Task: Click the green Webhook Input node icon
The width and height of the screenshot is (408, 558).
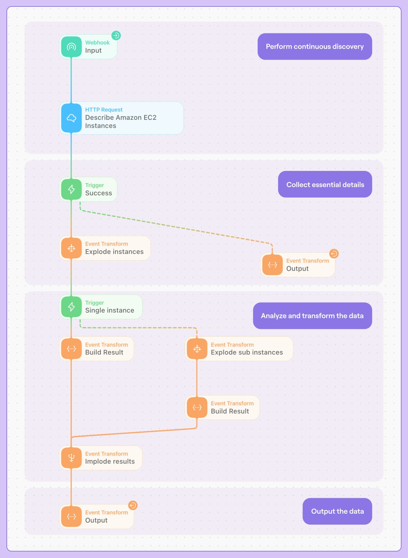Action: (x=71, y=47)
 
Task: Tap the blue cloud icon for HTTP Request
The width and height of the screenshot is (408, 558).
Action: (x=71, y=118)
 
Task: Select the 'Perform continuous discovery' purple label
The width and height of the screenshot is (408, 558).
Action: (x=314, y=47)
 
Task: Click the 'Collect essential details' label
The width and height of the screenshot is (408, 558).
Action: (x=325, y=185)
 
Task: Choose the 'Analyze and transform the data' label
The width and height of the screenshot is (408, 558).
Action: (x=312, y=316)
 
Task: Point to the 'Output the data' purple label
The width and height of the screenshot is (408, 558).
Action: (x=337, y=511)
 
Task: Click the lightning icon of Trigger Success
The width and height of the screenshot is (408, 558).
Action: (x=71, y=189)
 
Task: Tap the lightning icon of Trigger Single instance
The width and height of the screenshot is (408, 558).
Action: (x=71, y=307)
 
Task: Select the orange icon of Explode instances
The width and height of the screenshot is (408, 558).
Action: (x=71, y=248)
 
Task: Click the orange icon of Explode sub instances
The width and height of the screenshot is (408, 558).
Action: (x=197, y=349)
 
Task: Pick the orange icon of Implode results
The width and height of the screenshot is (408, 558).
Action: (x=71, y=458)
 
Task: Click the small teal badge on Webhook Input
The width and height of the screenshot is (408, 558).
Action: (x=116, y=35)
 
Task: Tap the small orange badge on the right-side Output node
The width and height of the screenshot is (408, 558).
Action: (x=334, y=254)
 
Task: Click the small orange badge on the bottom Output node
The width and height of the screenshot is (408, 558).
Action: (x=133, y=505)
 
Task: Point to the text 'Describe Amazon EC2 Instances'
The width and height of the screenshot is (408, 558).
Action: (x=121, y=122)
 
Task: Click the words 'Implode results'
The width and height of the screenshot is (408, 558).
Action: (x=110, y=461)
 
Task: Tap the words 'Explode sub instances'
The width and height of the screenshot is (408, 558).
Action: (x=247, y=352)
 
